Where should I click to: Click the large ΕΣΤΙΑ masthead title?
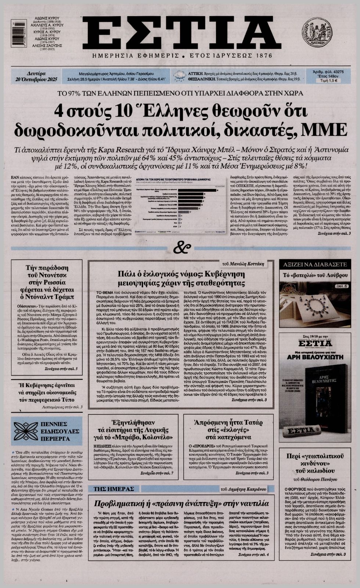[x=180, y=33]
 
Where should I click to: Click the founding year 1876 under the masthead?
[x=259, y=56]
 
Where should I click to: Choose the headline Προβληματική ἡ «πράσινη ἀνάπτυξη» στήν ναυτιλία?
[x=180, y=503]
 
